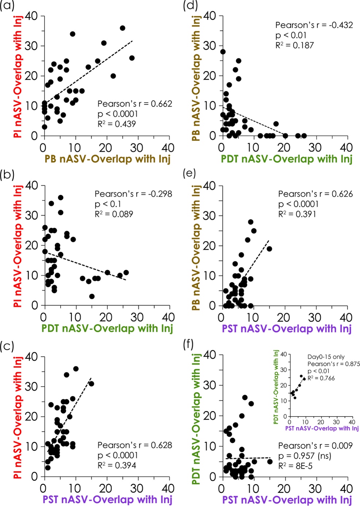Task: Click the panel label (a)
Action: pos(7,6)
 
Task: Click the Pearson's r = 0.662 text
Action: pos(134,104)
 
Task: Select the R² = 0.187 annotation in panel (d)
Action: pos(294,45)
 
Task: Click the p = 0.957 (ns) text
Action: pos(305,456)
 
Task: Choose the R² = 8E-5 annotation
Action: pos(295,466)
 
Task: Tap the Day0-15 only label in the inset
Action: pos(326,357)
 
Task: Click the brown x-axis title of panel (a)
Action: pos(107,159)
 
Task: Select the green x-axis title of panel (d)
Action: pos(287,159)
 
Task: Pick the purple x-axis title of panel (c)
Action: pos(107,499)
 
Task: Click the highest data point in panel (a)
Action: pos(122,28)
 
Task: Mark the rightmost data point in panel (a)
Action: pos(132,58)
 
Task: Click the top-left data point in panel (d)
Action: pos(223,52)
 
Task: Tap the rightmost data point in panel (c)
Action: pos(91,384)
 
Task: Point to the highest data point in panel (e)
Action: pos(250,222)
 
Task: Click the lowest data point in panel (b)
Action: pos(92,296)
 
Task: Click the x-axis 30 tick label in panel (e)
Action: pos(315,317)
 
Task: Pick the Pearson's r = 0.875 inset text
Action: pos(333,364)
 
